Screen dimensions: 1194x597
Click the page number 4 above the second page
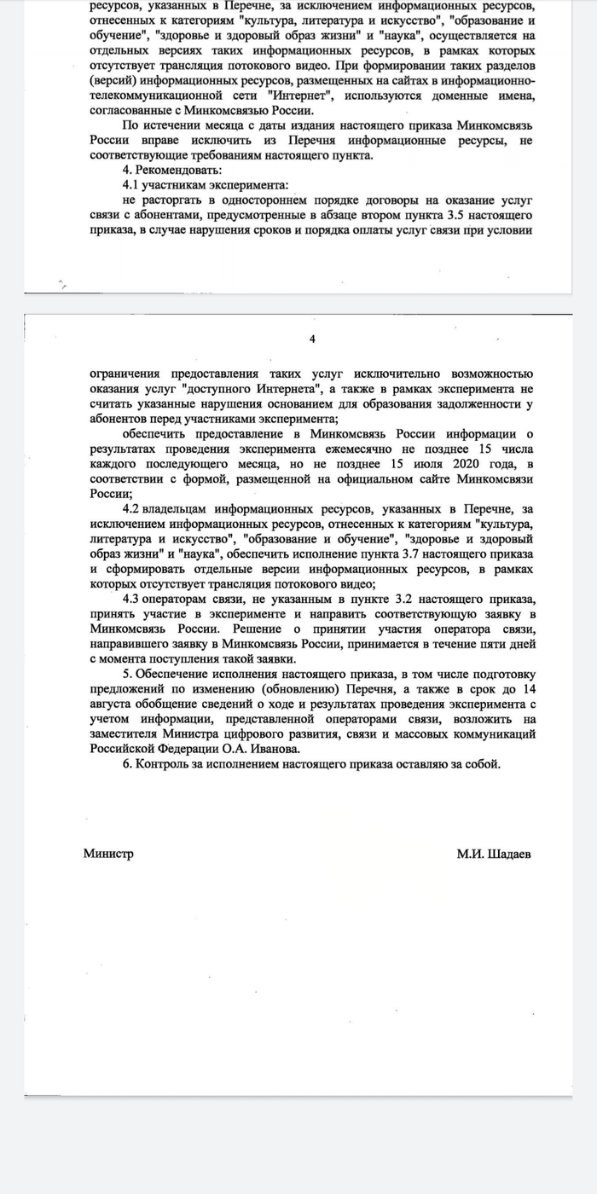[x=311, y=340]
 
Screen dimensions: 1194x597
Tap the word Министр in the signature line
[x=108, y=854]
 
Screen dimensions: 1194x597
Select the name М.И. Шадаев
[x=493, y=854]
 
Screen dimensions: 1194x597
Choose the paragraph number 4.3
[x=134, y=599]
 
